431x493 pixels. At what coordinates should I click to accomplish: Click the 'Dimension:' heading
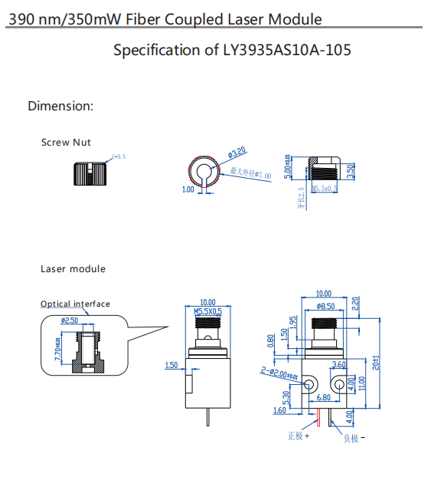coord(60,106)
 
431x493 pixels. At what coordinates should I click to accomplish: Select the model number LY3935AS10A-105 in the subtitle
coord(287,51)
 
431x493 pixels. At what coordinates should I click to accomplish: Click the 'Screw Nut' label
coord(66,143)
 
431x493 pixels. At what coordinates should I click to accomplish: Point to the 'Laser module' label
coord(73,269)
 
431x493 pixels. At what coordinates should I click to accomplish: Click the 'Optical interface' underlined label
coord(75,304)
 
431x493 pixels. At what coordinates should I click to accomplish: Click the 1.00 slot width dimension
coord(188,189)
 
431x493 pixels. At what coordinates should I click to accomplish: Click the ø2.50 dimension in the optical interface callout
coord(69,320)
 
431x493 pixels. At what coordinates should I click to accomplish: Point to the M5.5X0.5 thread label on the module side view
coord(207,312)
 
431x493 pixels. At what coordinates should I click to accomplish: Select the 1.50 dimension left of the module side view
coord(171,366)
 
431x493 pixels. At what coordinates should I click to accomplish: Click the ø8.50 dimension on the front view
coord(326,306)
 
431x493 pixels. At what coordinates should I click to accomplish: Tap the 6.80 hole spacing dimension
coord(324,398)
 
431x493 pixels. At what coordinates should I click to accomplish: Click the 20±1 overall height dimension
coord(375,362)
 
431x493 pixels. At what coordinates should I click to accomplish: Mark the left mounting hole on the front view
coord(311,382)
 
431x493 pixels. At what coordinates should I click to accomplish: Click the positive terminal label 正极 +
coord(299,436)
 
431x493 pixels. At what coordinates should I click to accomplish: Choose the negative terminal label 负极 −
coord(354,439)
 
